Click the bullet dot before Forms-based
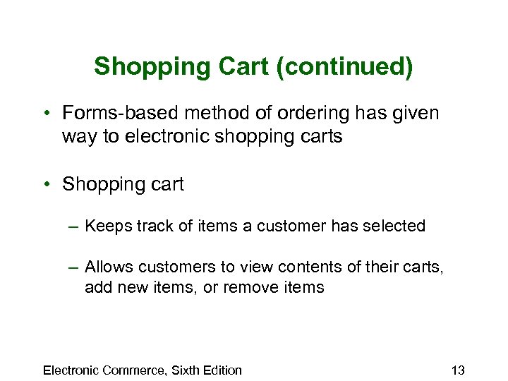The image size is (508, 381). tap(44, 113)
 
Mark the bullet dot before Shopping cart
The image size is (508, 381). tap(44, 185)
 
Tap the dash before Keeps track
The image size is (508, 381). tap(73, 226)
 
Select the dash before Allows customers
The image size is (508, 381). tap(73, 267)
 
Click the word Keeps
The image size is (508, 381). tap(104, 226)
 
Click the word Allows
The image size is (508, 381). tap(109, 267)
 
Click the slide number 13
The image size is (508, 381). tap(457, 370)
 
